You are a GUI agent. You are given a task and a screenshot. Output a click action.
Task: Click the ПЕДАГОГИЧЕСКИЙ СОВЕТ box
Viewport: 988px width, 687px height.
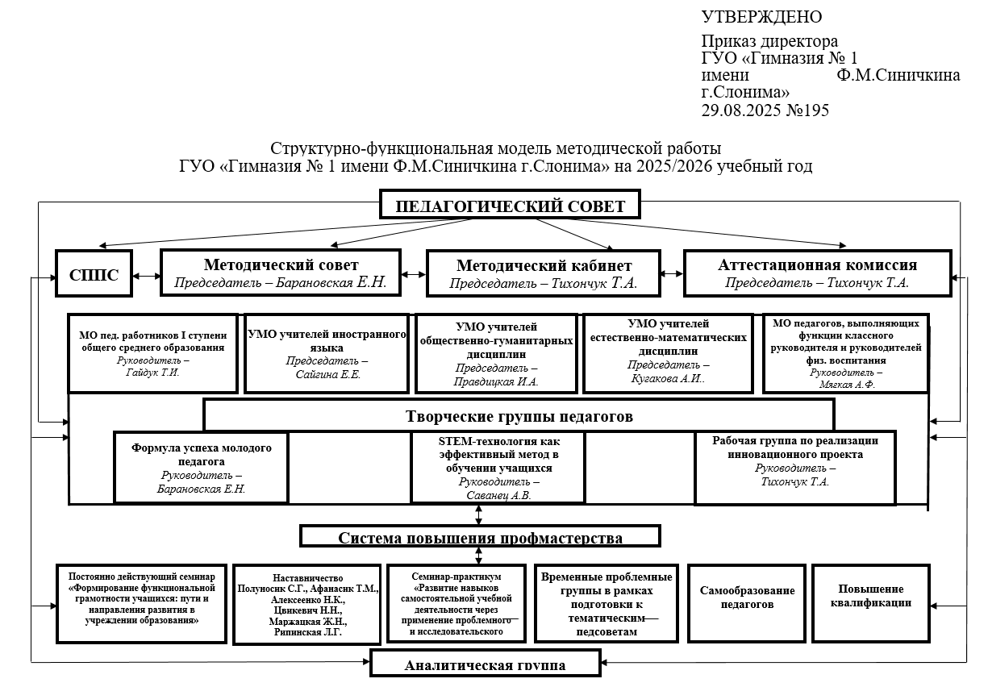pyautogui.click(x=511, y=206)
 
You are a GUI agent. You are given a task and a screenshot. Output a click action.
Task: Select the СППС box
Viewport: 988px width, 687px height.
pyautogui.click(x=94, y=274)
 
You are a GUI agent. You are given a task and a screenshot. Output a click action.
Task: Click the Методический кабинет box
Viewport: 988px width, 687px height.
pyautogui.click(x=544, y=273)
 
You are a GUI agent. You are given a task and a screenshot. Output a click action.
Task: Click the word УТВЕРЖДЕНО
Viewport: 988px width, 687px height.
pyautogui.click(x=761, y=17)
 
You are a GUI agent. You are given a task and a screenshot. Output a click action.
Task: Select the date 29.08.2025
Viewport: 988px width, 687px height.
pyautogui.click(x=739, y=110)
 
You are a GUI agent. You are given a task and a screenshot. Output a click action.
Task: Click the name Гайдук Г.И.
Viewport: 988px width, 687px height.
pyautogui.click(x=153, y=373)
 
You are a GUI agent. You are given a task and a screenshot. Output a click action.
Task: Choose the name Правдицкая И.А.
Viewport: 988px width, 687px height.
pyautogui.click(x=495, y=381)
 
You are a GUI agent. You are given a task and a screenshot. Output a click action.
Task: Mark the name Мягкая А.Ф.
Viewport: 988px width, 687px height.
pyautogui.click(x=845, y=385)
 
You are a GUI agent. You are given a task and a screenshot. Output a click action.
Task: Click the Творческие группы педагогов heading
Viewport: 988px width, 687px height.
pyautogui.click(x=519, y=417)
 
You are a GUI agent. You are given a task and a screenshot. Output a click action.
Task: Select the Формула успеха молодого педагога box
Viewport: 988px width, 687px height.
pyautogui.click(x=201, y=468)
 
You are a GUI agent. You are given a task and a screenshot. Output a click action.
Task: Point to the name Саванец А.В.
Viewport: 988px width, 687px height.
pyautogui.click(x=498, y=495)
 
